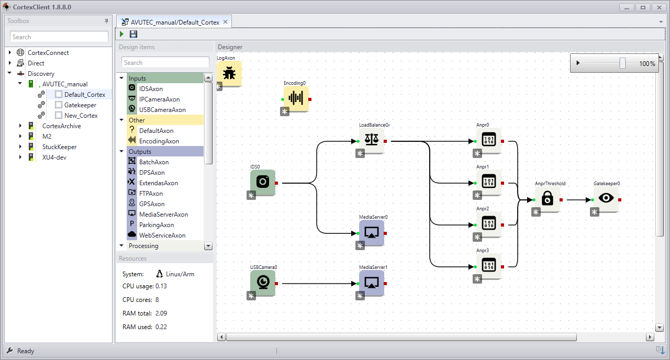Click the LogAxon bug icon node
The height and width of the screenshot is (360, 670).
click(229, 74)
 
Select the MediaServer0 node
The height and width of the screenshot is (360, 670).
click(372, 233)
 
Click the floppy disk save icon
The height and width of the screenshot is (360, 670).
click(133, 34)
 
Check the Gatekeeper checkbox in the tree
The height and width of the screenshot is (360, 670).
click(59, 105)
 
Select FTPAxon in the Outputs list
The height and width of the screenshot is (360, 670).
click(151, 194)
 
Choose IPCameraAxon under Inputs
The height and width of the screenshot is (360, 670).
click(159, 99)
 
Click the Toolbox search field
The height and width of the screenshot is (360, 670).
click(59, 37)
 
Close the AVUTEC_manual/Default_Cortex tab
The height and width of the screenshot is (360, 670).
click(226, 22)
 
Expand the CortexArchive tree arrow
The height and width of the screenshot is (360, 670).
click(20, 126)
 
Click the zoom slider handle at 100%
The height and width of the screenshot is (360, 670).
click(622, 63)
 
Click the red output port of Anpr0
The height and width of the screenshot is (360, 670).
click(502, 141)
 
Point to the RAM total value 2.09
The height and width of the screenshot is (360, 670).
click(161, 313)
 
